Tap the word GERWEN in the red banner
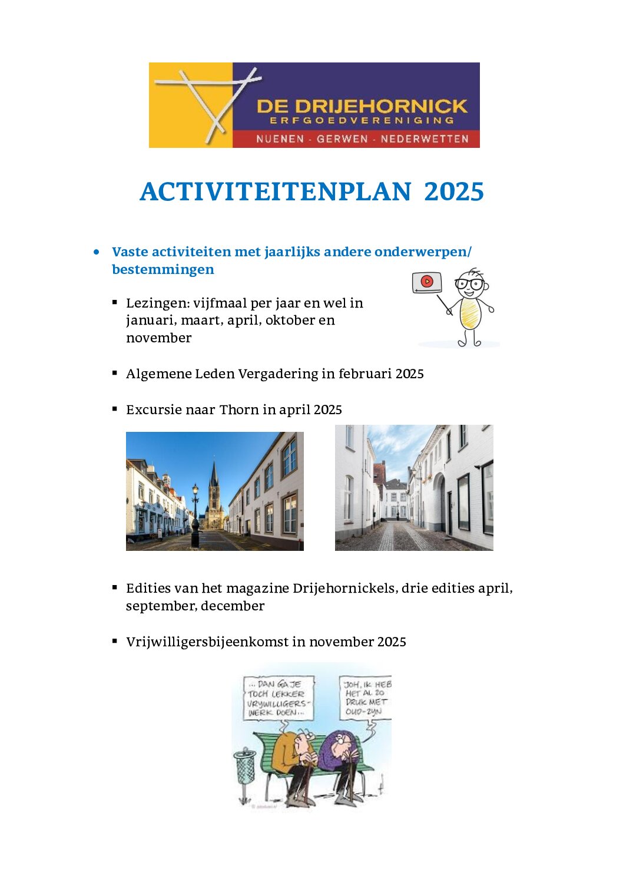tap(342, 139)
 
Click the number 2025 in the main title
tap(454, 191)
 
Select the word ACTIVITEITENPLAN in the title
tap(276, 191)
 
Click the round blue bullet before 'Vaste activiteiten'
tap(97, 252)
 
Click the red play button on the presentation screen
tap(428, 281)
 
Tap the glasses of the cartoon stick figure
tap(469, 284)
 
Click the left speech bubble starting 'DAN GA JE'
tap(278, 698)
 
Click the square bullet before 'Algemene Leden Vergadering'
tap(115, 373)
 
